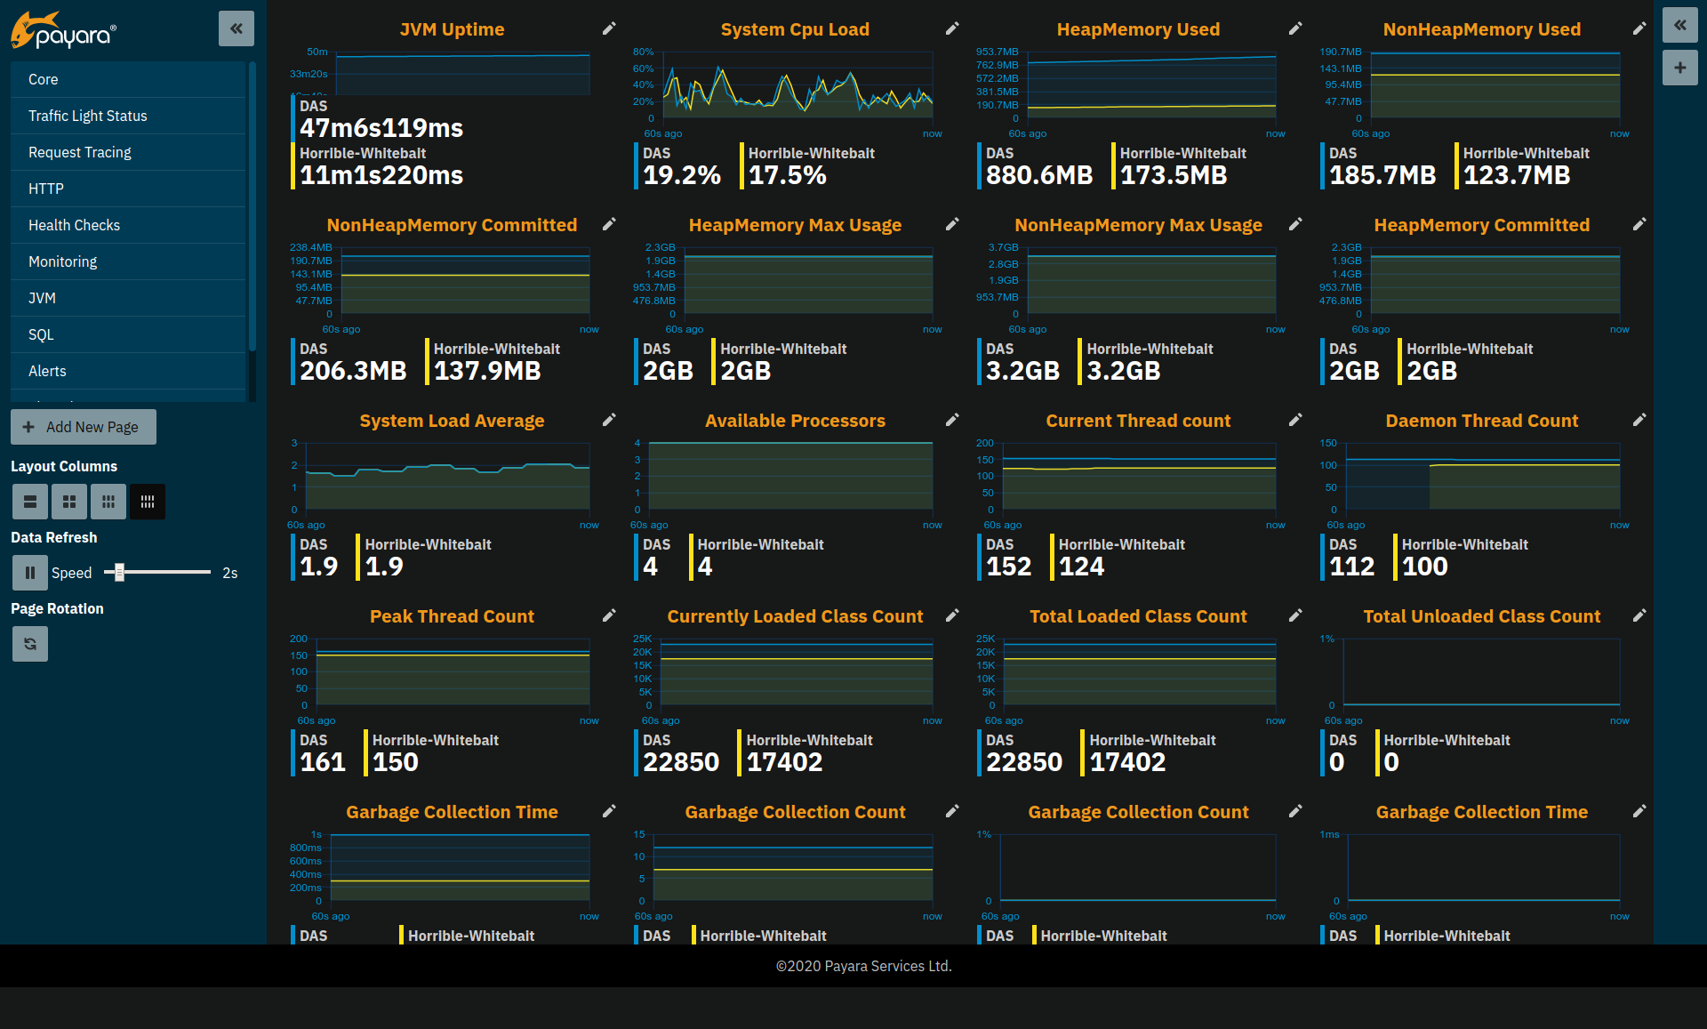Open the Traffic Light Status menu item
tap(87, 116)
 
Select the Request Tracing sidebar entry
tap(79, 152)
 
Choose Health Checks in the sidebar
tap(74, 225)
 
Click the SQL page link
tap(41, 334)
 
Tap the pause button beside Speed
tap(29, 573)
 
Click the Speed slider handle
tap(119, 572)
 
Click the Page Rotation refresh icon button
tap(29, 644)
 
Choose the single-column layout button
tap(29, 502)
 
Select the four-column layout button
tap(148, 502)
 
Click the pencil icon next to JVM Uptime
tap(609, 29)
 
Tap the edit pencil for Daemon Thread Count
tap(1639, 420)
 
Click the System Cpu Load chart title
tap(795, 29)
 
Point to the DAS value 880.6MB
tap(1038, 175)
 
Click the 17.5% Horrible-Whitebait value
tap(787, 175)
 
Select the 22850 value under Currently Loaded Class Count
tap(680, 762)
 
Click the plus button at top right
tap(1679, 68)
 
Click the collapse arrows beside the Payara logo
tap(236, 28)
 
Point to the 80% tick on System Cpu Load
tap(643, 52)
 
